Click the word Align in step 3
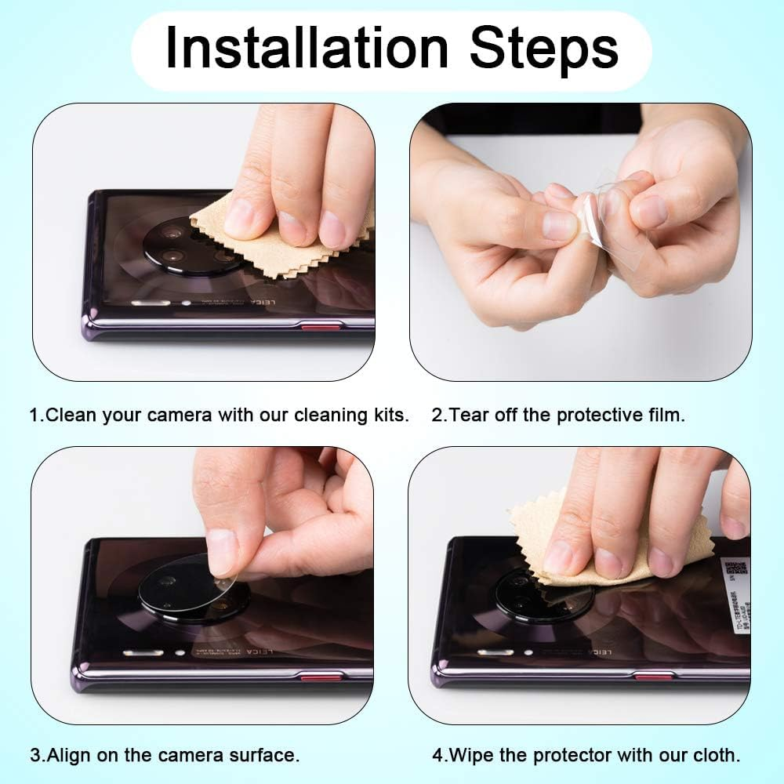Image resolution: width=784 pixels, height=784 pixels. coord(67,757)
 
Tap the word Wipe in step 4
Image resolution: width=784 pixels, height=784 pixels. coord(470,757)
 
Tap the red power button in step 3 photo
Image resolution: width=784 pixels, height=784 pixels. coord(321,677)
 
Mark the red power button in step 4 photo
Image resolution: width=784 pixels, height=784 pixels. coord(654,677)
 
